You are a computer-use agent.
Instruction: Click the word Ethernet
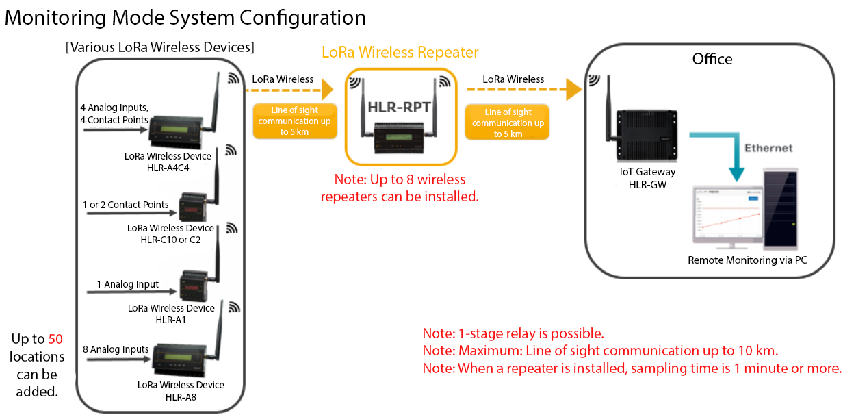coord(768,148)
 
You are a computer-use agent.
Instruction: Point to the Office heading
coord(712,59)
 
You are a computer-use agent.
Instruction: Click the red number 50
coord(56,339)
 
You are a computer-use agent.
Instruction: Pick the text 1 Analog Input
coord(127,284)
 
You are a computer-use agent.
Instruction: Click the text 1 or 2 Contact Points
coord(125,205)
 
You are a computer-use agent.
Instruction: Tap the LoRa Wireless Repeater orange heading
coord(400,52)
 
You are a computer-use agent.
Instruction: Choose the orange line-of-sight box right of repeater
coord(508,123)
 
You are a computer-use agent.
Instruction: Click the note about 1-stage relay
coord(513,334)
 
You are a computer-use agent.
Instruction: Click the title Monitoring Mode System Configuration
coord(185,17)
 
